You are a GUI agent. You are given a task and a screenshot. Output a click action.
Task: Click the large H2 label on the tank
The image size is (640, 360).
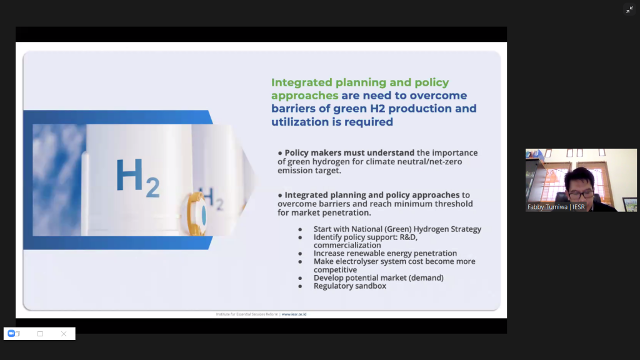coord(137,177)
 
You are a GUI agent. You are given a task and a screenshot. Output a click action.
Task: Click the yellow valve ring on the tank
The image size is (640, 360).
coord(195,214)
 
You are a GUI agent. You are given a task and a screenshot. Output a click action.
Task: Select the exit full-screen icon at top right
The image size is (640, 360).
coord(629,10)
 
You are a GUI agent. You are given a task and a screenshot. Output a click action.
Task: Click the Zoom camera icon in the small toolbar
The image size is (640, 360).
coord(11,334)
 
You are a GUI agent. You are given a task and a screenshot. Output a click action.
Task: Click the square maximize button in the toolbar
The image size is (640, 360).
coord(40,334)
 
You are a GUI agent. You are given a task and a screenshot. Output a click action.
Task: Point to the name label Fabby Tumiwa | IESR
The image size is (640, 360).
coord(556,207)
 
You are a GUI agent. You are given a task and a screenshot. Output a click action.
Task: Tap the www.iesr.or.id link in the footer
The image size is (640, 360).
coord(294,314)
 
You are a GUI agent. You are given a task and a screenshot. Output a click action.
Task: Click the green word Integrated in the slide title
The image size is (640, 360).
coord(302,82)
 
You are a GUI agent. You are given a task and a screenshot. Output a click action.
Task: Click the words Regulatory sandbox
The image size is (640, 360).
coord(350,286)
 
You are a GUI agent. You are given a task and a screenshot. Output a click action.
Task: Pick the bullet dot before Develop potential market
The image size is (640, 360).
coord(300,278)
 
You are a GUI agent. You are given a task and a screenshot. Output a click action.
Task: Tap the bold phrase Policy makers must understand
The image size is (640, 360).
coord(349,152)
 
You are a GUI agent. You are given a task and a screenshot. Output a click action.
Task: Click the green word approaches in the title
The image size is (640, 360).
coord(305,96)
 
